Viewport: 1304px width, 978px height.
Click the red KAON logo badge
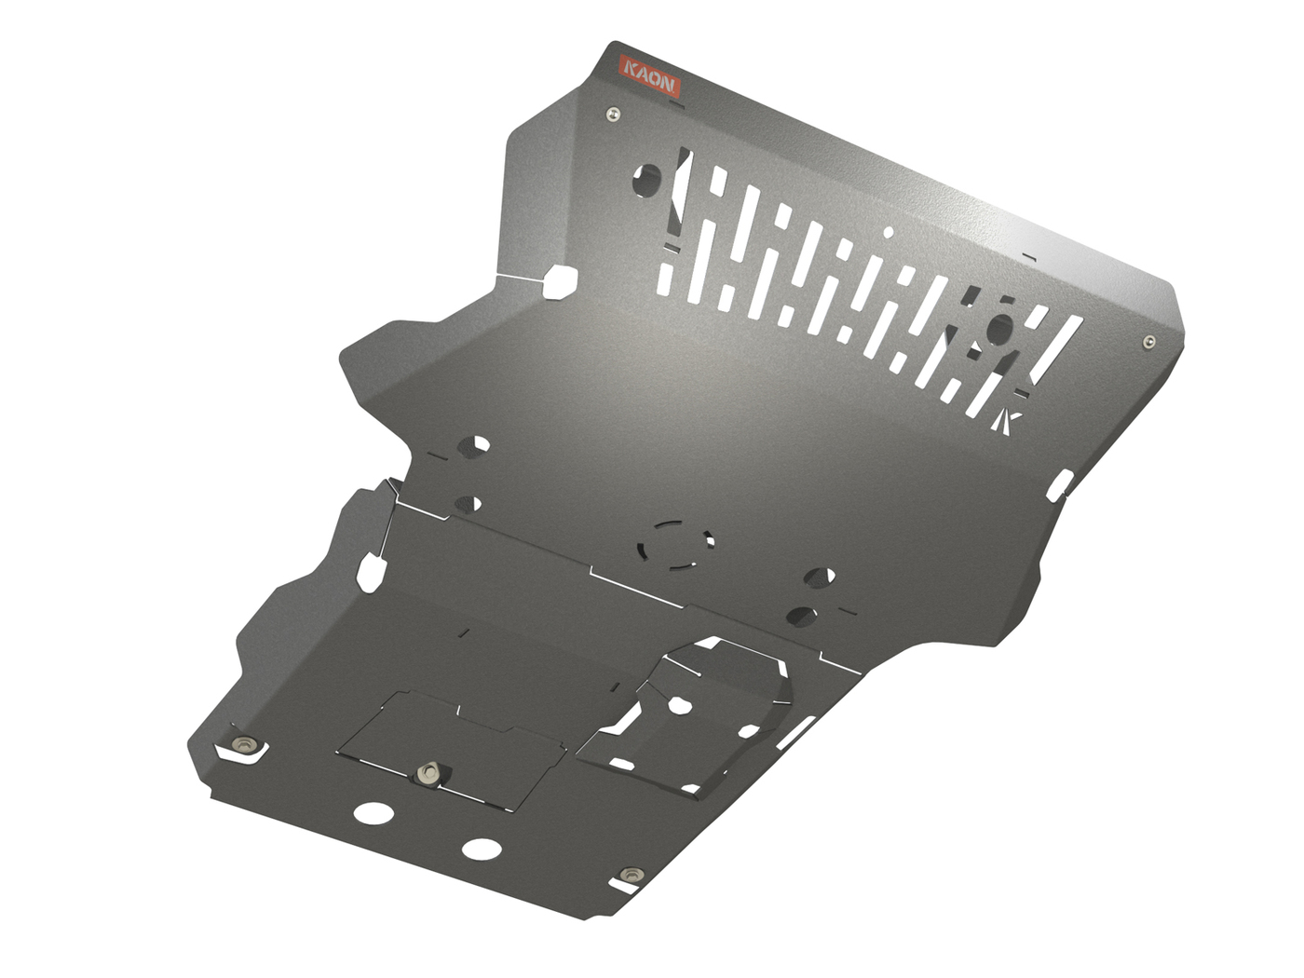[650, 75]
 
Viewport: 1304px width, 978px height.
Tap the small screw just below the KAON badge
[612, 114]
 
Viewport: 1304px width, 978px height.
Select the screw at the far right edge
[1149, 342]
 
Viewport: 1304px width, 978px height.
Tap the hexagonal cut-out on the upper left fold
[560, 281]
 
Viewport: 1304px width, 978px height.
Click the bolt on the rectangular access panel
[428, 773]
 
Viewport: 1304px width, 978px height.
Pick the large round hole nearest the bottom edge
[481, 849]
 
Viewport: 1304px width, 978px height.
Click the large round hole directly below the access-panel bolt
[374, 812]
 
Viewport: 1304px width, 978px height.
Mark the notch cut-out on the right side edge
[1062, 485]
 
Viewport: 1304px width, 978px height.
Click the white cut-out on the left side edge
[370, 572]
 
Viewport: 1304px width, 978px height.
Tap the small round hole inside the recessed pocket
[680, 706]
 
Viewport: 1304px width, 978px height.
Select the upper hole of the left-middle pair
[475, 444]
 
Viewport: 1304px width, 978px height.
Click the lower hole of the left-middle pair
[469, 505]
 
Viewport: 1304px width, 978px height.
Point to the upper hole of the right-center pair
[820, 577]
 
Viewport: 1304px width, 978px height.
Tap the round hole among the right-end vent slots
[1000, 327]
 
